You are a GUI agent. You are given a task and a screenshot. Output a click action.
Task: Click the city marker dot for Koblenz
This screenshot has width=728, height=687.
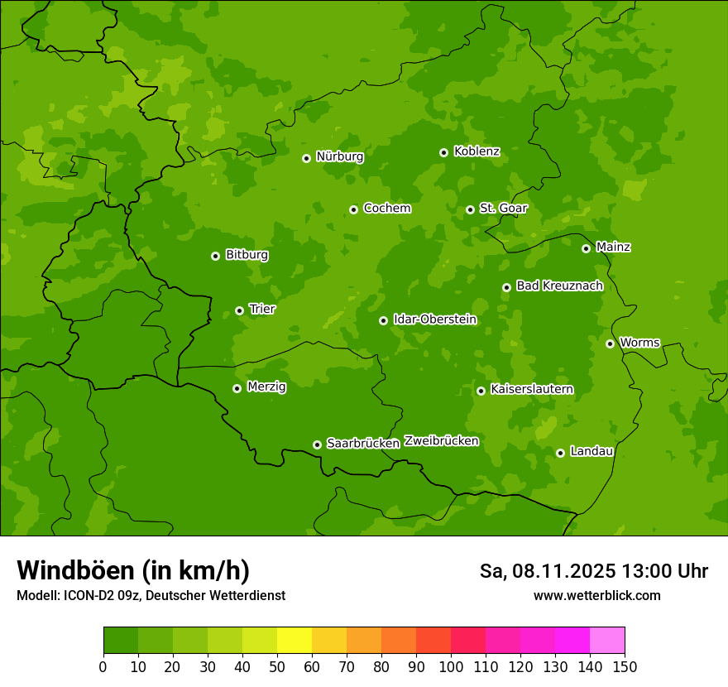(x=443, y=152)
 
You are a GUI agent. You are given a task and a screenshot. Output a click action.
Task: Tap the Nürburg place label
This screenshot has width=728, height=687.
(x=339, y=156)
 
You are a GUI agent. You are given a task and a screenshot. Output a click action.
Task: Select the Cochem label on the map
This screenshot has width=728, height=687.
(x=386, y=209)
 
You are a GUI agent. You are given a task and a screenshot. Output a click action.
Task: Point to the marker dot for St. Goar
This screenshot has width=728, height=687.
(x=470, y=209)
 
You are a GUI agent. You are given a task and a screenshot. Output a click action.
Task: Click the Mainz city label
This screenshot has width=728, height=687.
(x=613, y=247)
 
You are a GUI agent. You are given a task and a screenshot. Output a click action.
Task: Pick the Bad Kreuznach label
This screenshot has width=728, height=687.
(x=559, y=286)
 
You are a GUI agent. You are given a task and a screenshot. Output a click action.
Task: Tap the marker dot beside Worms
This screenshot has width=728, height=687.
(x=610, y=343)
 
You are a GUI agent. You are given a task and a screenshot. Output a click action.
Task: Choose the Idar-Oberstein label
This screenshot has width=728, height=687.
(x=434, y=319)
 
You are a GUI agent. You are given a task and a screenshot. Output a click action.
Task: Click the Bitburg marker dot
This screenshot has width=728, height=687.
(x=215, y=256)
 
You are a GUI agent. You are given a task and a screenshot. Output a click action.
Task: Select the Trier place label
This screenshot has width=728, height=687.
(x=262, y=310)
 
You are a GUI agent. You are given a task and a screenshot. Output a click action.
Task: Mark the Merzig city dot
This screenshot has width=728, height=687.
(x=237, y=388)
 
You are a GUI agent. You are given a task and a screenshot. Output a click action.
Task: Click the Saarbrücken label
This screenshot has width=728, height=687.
(x=362, y=444)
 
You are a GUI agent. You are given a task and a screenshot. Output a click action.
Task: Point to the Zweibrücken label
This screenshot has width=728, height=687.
(x=441, y=441)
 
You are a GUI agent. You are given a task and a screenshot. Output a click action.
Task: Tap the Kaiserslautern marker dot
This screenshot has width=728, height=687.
(x=481, y=391)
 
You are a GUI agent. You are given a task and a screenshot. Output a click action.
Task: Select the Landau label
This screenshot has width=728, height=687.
(x=591, y=452)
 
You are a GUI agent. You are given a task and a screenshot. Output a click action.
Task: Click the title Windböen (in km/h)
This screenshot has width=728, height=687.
(x=133, y=570)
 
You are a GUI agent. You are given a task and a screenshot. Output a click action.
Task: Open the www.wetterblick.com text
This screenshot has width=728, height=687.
(x=596, y=595)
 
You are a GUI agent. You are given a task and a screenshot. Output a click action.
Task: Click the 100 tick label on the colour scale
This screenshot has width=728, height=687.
(x=450, y=666)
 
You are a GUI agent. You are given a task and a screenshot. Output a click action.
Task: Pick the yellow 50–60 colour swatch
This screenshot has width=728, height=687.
(x=295, y=641)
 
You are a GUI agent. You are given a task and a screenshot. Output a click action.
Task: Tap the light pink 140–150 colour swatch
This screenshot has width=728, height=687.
(x=607, y=641)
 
